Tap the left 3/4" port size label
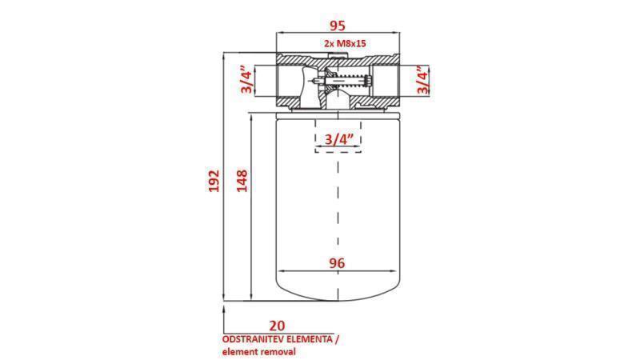coord(246,81)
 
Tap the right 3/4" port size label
coord(422,80)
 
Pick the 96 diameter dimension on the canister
coord(337,262)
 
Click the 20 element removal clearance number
coord(277,325)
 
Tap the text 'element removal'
coord(259,351)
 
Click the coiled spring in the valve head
coord(351,80)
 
